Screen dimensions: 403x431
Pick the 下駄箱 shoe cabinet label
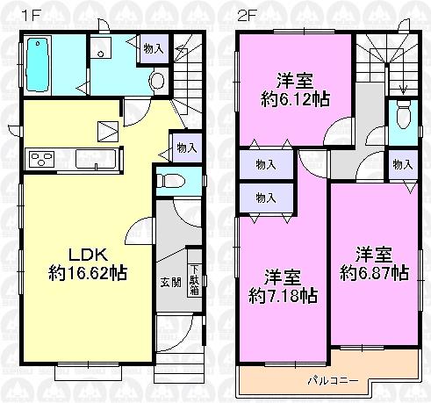[194, 279]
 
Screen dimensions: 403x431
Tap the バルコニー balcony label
[330, 381]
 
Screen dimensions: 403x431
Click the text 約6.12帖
[292, 98]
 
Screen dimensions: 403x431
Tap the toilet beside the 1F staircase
[158, 82]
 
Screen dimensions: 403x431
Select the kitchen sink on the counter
[90, 159]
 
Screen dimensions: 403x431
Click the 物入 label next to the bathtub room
[153, 49]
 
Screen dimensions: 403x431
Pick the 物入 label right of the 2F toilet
[404, 164]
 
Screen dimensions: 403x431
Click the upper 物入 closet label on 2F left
[266, 164]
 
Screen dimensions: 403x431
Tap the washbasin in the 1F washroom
[102, 50]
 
